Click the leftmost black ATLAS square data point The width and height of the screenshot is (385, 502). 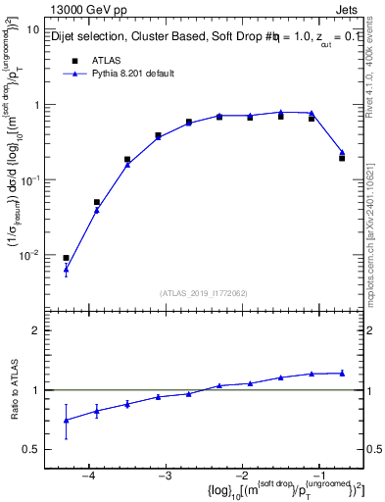(66, 258)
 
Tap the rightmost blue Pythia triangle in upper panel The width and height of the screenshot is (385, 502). (341, 152)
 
